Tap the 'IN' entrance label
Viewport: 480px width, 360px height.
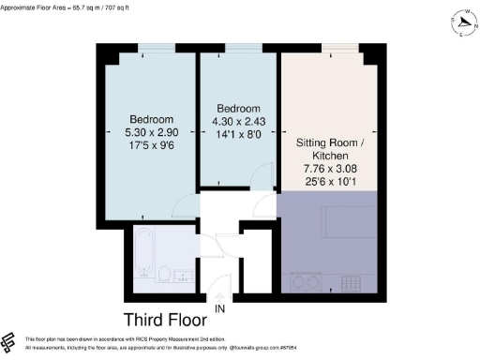(219, 308)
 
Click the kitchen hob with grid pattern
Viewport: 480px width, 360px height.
(352, 279)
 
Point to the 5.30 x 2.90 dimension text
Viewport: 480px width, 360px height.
(150, 134)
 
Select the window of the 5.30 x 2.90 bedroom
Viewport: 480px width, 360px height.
(150, 48)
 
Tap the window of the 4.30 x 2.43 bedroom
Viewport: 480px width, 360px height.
(242, 48)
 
